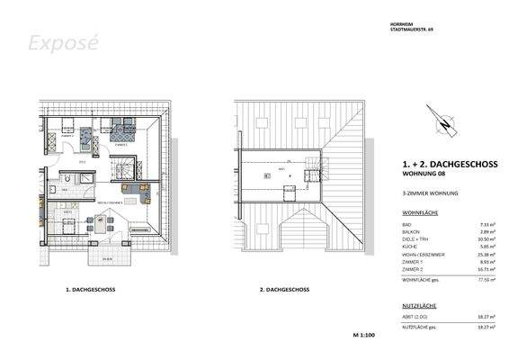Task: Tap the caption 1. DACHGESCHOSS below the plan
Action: [x=90, y=291]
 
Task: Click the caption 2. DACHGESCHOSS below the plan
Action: [x=284, y=291]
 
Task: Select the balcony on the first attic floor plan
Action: [x=108, y=257]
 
